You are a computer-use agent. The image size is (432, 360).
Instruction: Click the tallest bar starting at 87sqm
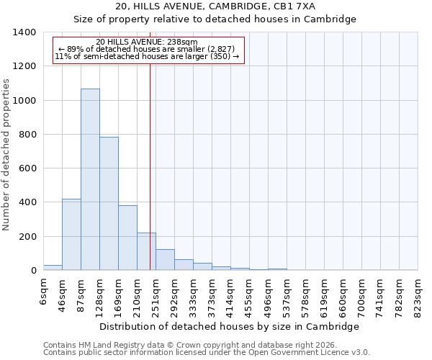[90, 180]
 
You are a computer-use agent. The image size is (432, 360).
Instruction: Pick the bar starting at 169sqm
[127, 238]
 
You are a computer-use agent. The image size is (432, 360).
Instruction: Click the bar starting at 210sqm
[146, 252]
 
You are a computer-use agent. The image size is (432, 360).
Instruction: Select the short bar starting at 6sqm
[53, 267]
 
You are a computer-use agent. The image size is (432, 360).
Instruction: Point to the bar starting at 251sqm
[165, 260]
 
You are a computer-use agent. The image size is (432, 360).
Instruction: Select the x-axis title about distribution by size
[229, 326]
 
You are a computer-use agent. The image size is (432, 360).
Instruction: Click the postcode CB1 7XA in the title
[314, 6]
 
